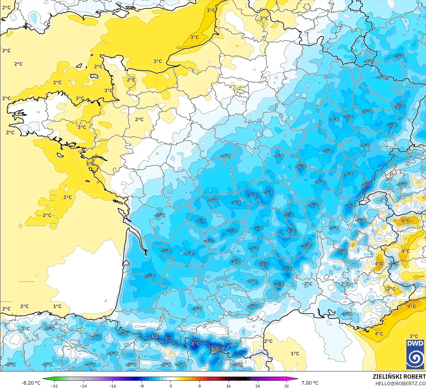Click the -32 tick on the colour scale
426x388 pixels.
(x=54, y=386)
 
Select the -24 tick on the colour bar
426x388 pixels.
(x=83, y=386)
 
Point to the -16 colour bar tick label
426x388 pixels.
(x=112, y=386)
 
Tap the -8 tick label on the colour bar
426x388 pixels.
(x=141, y=386)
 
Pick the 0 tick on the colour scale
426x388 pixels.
(x=170, y=386)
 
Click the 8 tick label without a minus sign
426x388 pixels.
(x=199, y=386)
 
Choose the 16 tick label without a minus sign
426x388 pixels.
(x=229, y=386)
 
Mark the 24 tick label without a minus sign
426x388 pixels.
(x=257, y=386)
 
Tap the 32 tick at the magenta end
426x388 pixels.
(x=286, y=386)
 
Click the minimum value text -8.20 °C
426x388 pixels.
(x=31, y=383)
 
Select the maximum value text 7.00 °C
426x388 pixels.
(x=310, y=383)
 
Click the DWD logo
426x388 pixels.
(x=415, y=354)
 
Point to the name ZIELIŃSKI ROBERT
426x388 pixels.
(x=399, y=377)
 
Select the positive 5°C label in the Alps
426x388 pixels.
(x=406, y=220)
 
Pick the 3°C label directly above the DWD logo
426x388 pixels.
(x=414, y=336)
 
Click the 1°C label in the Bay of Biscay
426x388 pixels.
(x=57, y=306)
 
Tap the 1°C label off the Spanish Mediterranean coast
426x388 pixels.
(x=295, y=353)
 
